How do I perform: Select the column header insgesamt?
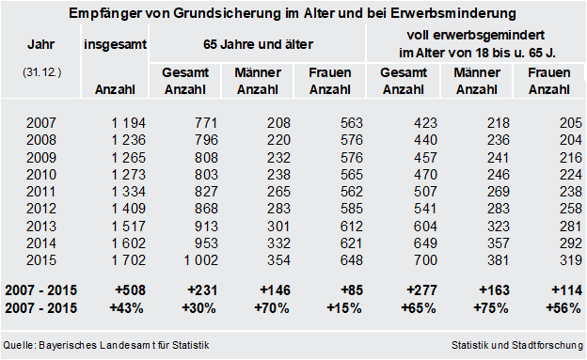[x=115, y=44]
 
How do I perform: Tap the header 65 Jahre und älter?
[x=258, y=44]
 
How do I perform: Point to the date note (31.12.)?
[x=41, y=72]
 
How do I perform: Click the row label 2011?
[x=40, y=192]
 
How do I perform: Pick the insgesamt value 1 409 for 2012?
[x=128, y=209]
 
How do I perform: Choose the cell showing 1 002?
[x=201, y=260]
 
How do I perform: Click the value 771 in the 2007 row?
[x=206, y=123]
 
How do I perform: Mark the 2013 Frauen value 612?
[x=352, y=227]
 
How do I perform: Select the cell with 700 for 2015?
[x=425, y=260]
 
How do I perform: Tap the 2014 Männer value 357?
[x=499, y=243]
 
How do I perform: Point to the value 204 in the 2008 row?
[x=571, y=140]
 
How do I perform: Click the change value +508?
[x=130, y=290]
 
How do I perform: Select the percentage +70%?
[x=272, y=308]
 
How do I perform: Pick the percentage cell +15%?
[x=344, y=308]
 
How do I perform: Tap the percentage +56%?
[x=563, y=308]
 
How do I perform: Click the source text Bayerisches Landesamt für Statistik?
[x=124, y=345]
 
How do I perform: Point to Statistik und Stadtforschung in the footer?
[x=517, y=345]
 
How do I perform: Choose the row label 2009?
[x=40, y=158]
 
